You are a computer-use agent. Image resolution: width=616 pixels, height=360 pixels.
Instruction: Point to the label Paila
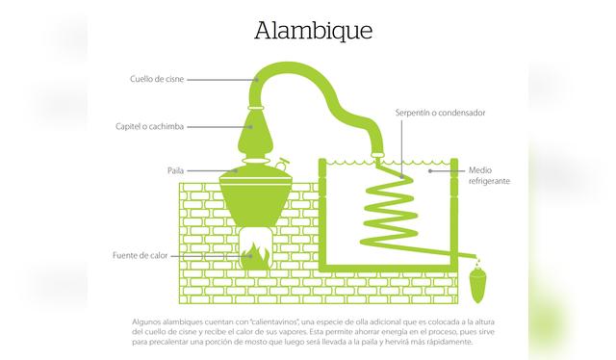tap(175, 170)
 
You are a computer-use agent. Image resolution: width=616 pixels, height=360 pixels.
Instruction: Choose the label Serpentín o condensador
tap(440, 113)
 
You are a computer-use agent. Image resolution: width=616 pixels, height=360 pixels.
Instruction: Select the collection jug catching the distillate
tap(476, 284)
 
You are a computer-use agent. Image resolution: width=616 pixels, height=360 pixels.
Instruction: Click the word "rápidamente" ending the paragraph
tap(446, 342)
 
